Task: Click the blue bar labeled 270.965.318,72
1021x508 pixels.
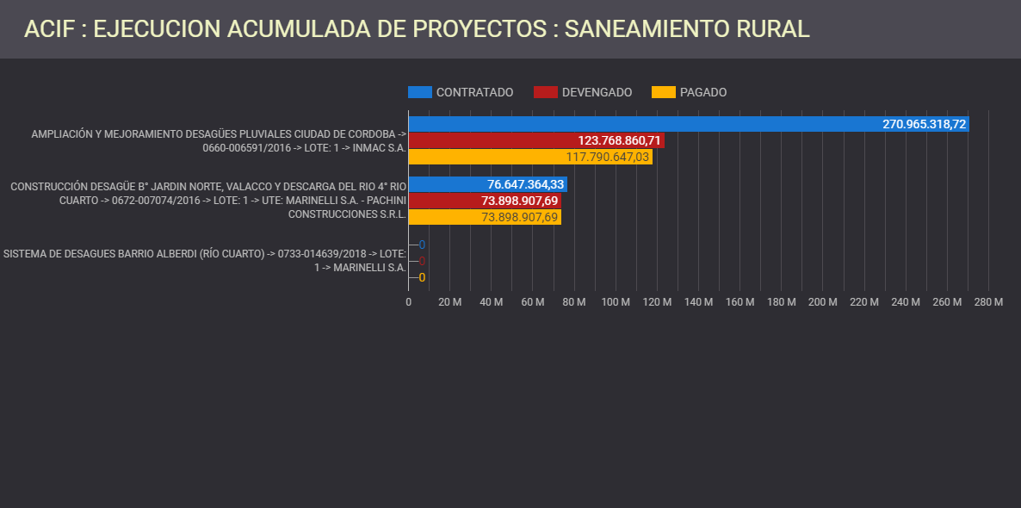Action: click(689, 124)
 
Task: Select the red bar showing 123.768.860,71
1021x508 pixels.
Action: click(536, 140)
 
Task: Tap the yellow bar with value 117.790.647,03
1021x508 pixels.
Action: click(530, 157)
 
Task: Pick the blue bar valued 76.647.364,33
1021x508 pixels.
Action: click(487, 184)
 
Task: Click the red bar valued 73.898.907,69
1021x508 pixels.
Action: click(485, 201)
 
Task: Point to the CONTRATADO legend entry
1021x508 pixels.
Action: click(461, 92)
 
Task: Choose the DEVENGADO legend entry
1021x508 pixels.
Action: click(583, 92)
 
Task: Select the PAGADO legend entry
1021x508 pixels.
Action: click(690, 92)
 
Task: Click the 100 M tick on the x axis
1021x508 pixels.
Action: click(615, 302)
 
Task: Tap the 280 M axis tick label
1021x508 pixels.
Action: click(988, 302)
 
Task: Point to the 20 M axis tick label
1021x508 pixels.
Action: click(449, 302)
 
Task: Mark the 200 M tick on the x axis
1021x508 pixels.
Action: click(822, 302)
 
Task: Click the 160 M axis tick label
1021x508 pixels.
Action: click(739, 302)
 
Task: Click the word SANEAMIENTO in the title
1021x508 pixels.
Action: click(641, 28)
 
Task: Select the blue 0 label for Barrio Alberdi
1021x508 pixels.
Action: click(422, 245)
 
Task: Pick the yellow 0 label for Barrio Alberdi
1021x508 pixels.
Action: click(422, 277)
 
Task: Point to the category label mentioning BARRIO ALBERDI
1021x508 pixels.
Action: click(204, 260)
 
